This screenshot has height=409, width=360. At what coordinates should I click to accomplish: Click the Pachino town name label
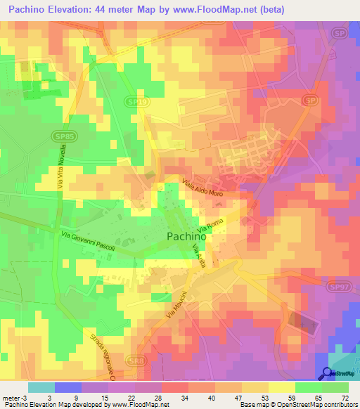tap(186, 237)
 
